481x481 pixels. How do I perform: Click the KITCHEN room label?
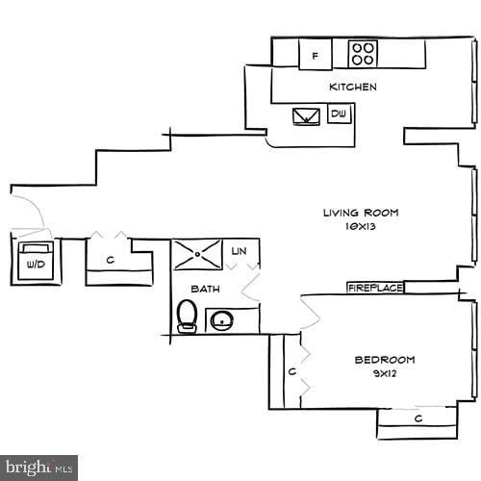pyautogui.click(x=353, y=88)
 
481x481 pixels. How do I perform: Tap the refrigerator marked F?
pyautogui.click(x=315, y=55)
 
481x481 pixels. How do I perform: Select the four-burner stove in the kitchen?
pyautogui.click(x=363, y=53)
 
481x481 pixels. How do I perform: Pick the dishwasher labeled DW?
pyautogui.click(x=339, y=114)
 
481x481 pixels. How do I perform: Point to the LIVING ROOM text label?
pyautogui.click(x=360, y=214)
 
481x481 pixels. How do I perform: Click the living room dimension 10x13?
pyautogui.click(x=360, y=229)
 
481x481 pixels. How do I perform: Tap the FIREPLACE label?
pyautogui.click(x=374, y=288)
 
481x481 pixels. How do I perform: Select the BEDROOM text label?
pyautogui.click(x=385, y=360)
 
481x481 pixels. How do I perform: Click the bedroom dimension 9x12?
pyautogui.click(x=385, y=374)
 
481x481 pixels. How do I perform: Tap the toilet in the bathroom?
pyautogui.click(x=188, y=316)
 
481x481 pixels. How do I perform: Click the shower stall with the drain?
pyautogui.click(x=197, y=255)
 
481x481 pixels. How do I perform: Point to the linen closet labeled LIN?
pyautogui.click(x=240, y=252)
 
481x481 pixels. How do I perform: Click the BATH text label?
pyautogui.click(x=204, y=289)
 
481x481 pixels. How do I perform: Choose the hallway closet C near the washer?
pyautogui.click(x=111, y=260)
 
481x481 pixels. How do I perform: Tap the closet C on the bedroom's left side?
pyautogui.click(x=290, y=370)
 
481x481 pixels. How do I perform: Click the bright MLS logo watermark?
pyautogui.click(x=38, y=468)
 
